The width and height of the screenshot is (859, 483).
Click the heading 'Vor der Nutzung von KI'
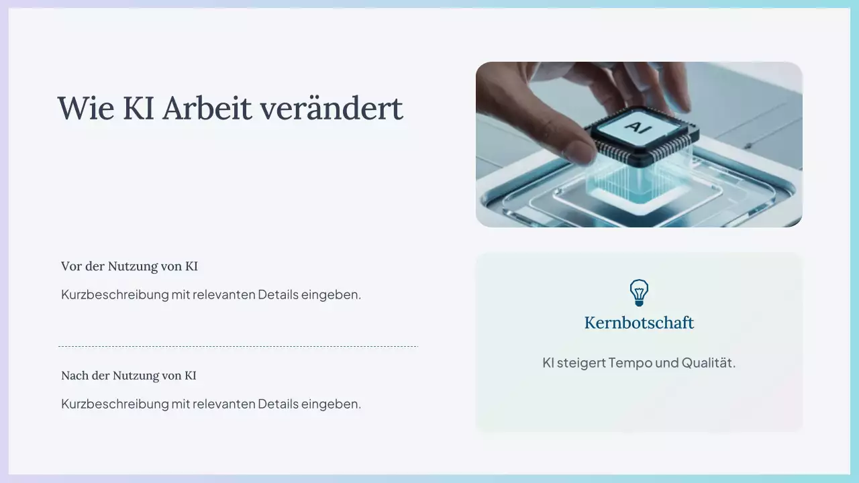129,266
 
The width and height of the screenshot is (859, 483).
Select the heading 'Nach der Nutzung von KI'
128,376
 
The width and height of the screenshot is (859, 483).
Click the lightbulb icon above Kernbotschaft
639,293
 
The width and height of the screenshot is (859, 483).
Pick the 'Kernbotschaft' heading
639,323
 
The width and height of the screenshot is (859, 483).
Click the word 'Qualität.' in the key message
709,363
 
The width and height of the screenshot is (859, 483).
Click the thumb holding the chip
570,149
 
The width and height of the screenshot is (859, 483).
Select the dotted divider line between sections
238,346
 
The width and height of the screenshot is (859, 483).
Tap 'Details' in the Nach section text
278,404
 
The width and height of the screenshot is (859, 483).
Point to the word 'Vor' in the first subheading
71,266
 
